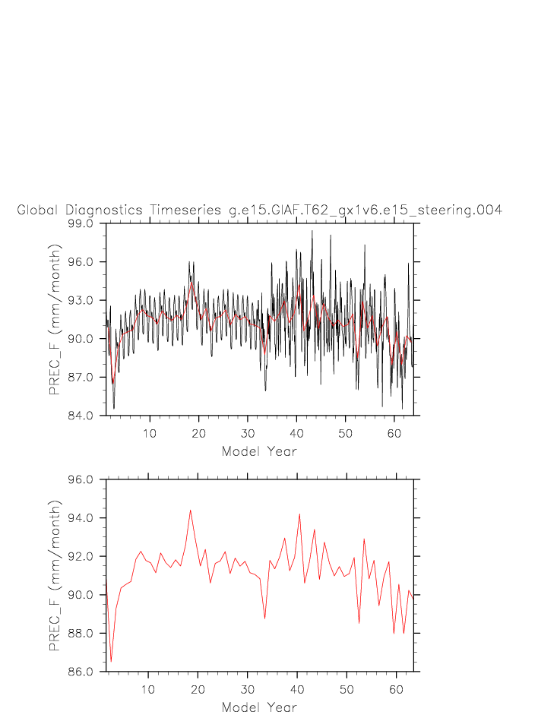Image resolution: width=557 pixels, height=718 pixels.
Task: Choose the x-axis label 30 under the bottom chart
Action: [x=247, y=689]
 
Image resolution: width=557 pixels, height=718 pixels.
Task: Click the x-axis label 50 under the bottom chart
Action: [x=346, y=689]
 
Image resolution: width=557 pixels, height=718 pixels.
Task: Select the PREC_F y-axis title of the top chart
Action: [x=55, y=320]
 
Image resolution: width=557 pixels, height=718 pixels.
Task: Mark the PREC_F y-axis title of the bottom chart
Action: [x=55, y=576]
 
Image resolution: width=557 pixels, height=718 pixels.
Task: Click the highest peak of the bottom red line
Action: [x=190, y=510]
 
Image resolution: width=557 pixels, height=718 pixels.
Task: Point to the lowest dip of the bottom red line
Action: [x=111, y=662]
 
